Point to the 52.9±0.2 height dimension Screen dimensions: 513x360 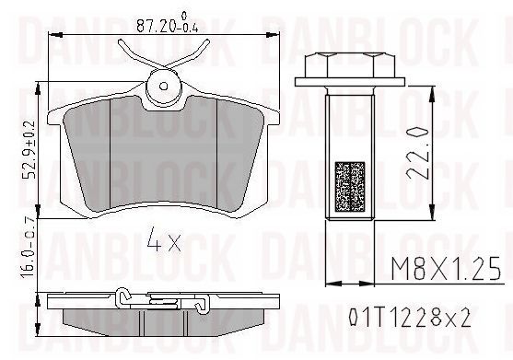[29, 150]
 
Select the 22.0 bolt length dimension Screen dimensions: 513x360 [417, 153]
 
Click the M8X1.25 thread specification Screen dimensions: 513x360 [447, 269]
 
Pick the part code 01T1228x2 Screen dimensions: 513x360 [409, 318]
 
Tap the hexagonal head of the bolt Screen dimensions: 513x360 [350, 64]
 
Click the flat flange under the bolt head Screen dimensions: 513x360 [350, 82]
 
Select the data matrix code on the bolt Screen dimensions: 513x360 [350, 186]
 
